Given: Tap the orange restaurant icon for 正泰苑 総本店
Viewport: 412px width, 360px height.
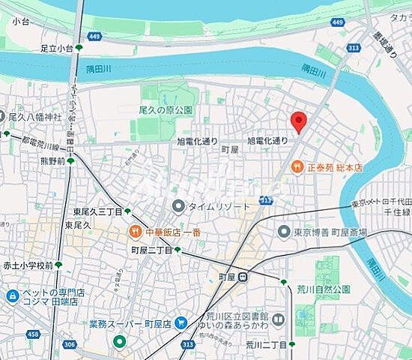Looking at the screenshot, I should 297,166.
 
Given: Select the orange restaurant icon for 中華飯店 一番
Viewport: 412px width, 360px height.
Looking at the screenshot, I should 137,231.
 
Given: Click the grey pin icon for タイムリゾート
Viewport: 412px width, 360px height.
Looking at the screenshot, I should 178,205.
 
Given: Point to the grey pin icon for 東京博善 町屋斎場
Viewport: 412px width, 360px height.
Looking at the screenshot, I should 284,231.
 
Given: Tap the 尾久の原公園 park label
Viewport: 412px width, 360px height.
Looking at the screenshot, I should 166,109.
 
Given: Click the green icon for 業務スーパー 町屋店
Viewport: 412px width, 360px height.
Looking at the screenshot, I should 119,342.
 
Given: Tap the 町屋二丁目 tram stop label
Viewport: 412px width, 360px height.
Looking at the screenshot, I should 152,250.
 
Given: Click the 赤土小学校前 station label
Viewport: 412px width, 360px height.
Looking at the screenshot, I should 27,265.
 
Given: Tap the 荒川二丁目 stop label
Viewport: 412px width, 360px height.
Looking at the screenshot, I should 267,344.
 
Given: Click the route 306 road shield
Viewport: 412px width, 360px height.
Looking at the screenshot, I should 70,344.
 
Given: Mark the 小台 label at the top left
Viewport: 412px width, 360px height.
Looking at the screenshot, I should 20,22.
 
